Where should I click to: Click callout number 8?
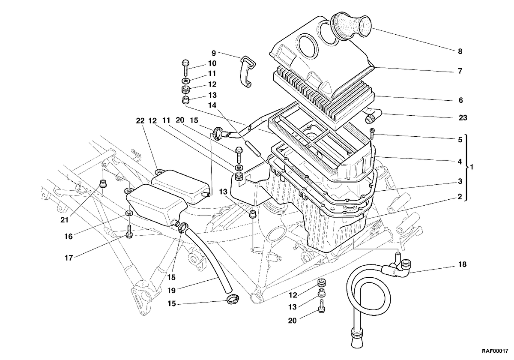[460, 51]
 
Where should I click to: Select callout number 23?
[463, 118]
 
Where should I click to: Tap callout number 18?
[462, 264]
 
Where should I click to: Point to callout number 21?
[65, 220]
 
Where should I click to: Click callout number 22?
[140, 120]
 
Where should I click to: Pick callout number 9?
[214, 53]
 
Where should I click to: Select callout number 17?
[69, 258]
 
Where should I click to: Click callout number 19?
[171, 291]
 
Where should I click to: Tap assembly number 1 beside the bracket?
[472, 167]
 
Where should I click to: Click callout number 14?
[212, 105]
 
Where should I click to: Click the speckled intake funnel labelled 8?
[352, 27]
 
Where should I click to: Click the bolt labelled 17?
[129, 231]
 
